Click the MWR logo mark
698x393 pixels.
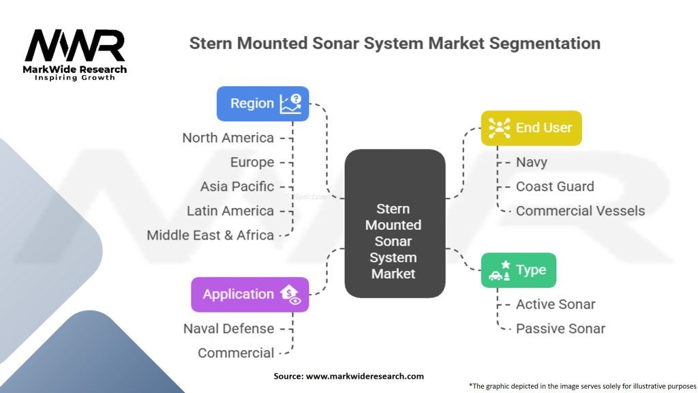[x=75, y=46]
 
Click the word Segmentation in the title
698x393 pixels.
[x=545, y=44]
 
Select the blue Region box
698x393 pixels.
[x=262, y=104]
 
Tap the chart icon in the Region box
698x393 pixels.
[x=290, y=104]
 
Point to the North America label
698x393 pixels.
[x=228, y=138]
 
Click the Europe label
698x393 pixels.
[x=252, y=162]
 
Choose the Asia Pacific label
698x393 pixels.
[x=237, y=186]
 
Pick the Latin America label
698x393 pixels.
[x=230, y=211]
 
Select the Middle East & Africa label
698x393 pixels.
[x=210, y=235]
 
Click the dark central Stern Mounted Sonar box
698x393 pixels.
[x=395, y=223]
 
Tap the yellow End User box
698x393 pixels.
[x=531, y=128]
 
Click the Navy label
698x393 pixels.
[x=532, y=162]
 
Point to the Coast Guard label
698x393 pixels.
[x=555, y=186]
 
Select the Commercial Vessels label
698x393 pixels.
[x=581, y=211]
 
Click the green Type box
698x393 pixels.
[x=519, y=270]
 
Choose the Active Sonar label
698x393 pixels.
[x=556, y=304]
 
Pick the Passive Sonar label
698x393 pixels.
[x=560, y=328]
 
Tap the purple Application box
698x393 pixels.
[x=249, y=294]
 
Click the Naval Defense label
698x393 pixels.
[x=229, y=328]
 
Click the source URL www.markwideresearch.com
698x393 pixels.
[x=365, y=376]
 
